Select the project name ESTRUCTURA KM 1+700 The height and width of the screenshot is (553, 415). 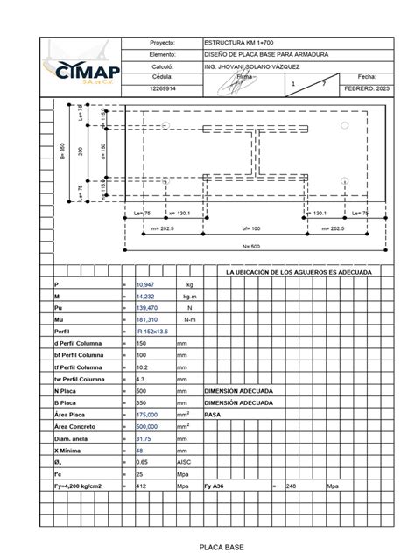pos(235,42)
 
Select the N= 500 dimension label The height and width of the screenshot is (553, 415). pos(253,247)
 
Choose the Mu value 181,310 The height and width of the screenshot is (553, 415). pos(149,320)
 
